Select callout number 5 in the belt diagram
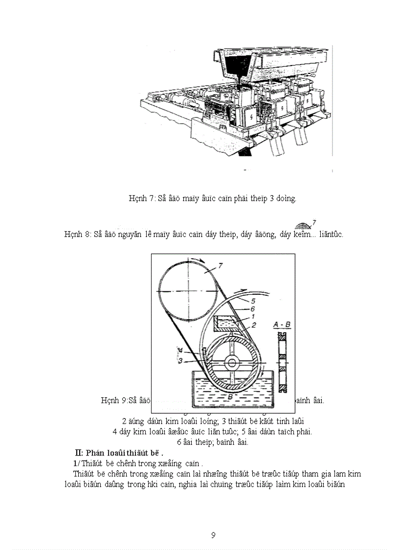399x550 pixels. [x=254, y=300]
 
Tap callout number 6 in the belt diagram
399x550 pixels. [x=253, y=309]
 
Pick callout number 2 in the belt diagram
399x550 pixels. [x=254, y=325]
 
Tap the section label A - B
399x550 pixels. [x=282, y=324]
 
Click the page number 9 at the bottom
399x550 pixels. [x=213, y=535]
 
